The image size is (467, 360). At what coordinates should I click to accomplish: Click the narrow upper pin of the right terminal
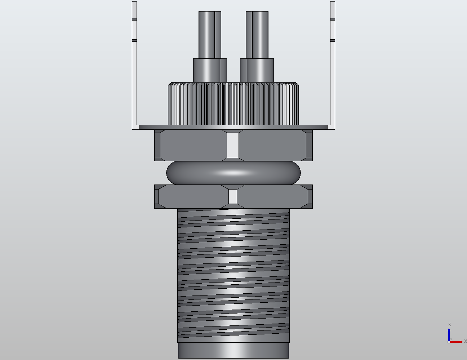(x=257, y=35)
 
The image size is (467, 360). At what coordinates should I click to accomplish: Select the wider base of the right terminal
(x=257, y=70)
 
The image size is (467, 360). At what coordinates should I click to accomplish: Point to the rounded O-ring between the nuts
(x=187, y=173)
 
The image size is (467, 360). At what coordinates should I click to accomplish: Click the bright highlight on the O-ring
(x=233, y=173)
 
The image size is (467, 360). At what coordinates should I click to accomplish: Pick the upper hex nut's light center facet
(x=233, y=145)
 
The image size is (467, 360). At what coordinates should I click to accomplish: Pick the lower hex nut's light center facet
(x=233, y=196)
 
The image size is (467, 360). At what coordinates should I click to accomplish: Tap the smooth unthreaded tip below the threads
(x=233, y=350)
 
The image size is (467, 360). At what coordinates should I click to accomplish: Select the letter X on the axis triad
(x=465, y=341)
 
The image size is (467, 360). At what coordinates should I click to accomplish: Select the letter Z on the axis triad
(x=449, y=325)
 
